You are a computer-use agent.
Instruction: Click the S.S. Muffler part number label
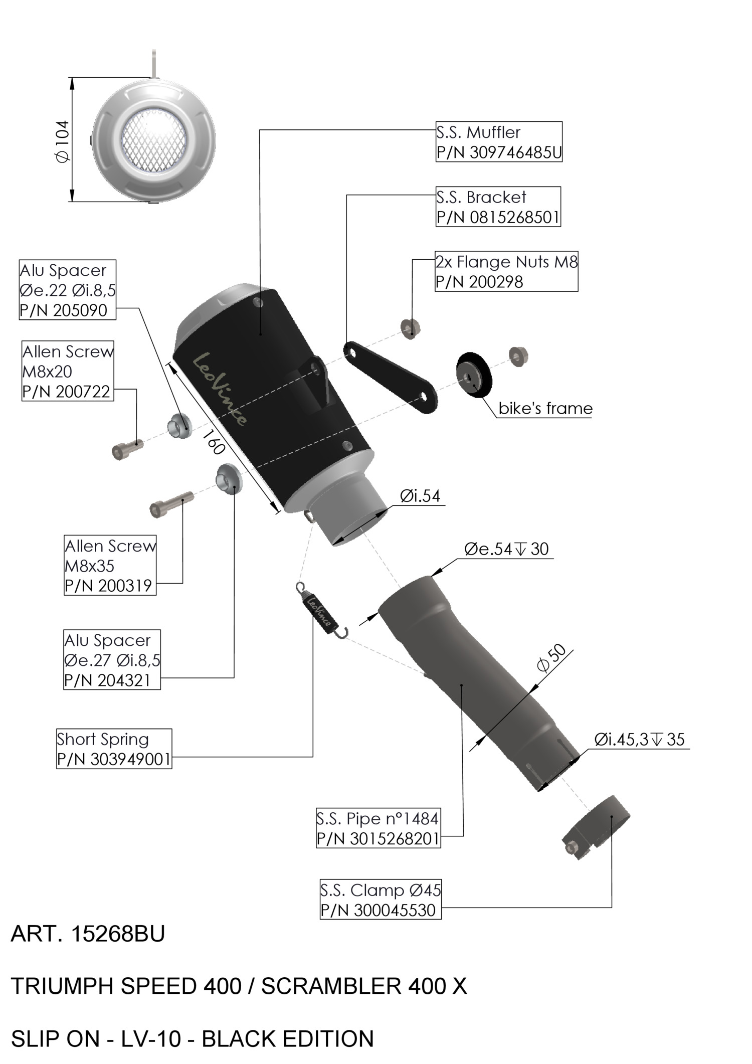(498, 142)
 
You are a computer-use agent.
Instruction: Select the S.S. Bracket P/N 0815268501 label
(498, 207)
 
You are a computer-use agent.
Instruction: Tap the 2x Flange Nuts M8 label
(506, 271)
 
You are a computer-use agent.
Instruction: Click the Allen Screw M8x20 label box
(68, 371)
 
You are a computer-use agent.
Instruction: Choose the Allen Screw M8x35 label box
(110, 566)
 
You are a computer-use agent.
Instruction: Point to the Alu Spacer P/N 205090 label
(67, 290)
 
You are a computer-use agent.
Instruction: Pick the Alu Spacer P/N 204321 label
(112, 660)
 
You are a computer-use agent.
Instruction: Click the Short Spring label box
(114, 749)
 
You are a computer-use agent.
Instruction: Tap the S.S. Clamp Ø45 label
(381, 900)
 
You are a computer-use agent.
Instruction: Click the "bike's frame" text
(545, 409)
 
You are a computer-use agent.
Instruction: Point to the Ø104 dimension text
(63, 141)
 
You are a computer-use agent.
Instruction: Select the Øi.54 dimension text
(420, 496)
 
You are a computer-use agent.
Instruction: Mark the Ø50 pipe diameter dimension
(551, 658)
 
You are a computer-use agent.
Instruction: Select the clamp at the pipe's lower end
(595, 827)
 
